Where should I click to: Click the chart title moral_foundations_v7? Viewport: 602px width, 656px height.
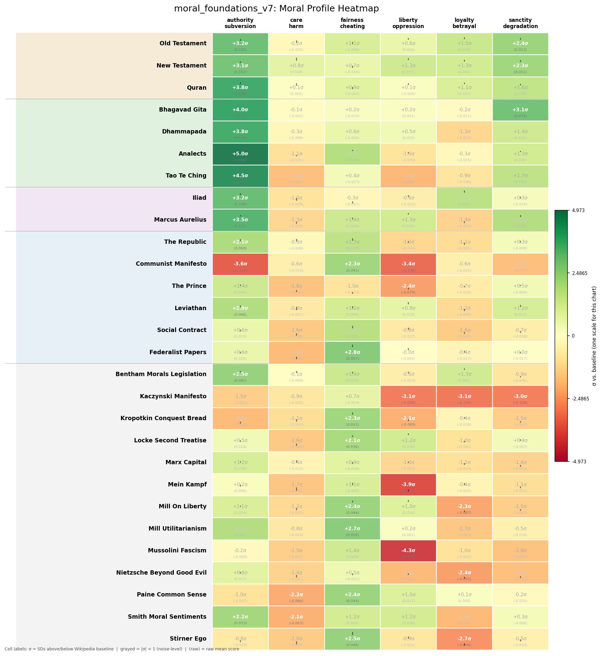[x=276, y=8]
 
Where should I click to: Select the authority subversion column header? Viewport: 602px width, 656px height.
[x=240, y=23]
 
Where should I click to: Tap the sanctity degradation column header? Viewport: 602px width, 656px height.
[x=520, y=23]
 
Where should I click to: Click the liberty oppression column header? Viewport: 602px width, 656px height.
[x=408, y=23]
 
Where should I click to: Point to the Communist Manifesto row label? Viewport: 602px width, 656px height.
[x=171, y=264]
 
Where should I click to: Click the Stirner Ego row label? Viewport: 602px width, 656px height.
[x=188, y=638]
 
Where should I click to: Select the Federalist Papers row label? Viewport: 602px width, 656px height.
[x=178, y=352]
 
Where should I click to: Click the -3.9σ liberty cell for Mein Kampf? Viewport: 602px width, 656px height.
[x=408, y=485]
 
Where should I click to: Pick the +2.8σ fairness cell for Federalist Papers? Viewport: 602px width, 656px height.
[x=352, y=352]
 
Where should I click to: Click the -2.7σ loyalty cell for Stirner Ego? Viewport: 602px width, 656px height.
[x=464, y=639]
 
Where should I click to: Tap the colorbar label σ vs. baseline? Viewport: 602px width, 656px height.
[x=594, y=336]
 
